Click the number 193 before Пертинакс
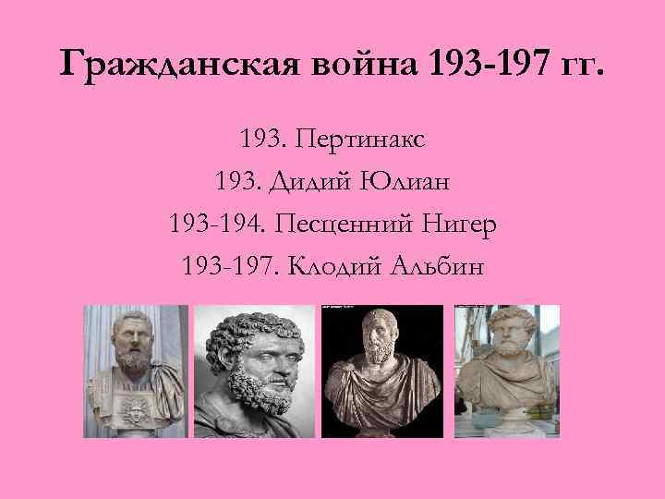[x=258, y=141]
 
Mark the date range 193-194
[x=212, y=224]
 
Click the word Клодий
[x=326, y=265]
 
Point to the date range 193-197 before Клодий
[x=224, y=265]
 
